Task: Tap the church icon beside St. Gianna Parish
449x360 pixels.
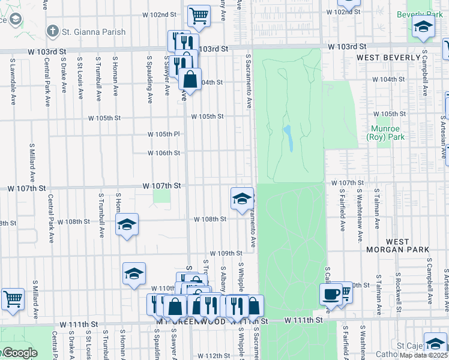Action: [x=53, y=31]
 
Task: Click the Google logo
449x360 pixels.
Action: [x=19, y=353]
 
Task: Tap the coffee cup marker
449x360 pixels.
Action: [x=331, y=293]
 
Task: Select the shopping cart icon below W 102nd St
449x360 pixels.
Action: [x=199, y=15]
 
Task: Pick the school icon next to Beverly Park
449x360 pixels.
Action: [x=423, y=26]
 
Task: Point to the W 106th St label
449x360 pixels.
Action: [x=164, y=153]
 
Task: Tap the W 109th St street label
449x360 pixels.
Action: [x=224, y=254]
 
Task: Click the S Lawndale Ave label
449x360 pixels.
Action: [x=12, y=75]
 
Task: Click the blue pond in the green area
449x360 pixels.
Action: [x=288, y=138]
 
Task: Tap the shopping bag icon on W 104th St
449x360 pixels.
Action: [x=190, y=79]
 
